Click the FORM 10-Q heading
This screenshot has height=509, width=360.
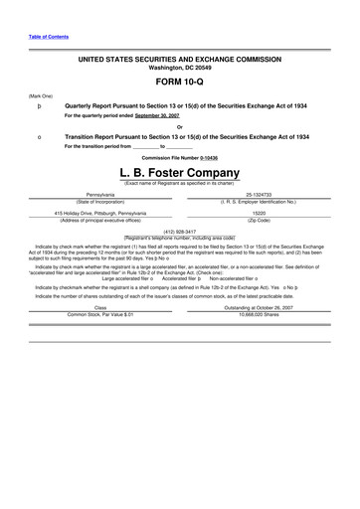click(180, 83)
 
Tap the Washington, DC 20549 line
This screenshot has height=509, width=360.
click(180, 69)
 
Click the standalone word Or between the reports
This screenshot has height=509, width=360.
click(180, 126)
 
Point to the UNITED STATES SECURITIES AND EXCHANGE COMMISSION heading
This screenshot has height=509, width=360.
click(180, 61)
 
